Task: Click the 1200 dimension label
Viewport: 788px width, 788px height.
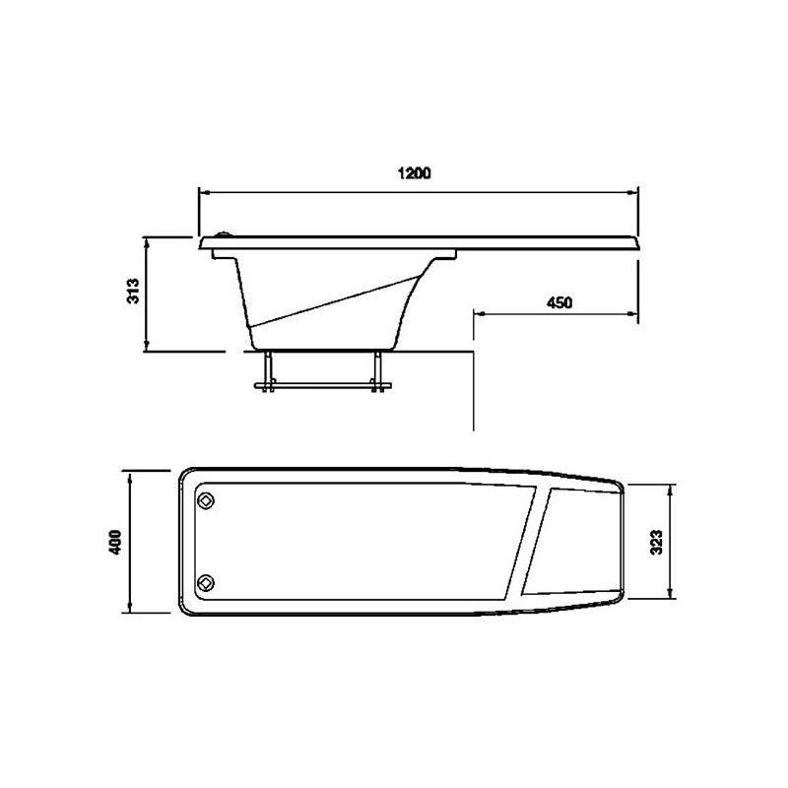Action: coord(415,174)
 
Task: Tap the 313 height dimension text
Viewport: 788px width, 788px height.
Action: coord(135,293)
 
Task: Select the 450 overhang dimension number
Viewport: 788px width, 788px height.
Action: coord(558,302)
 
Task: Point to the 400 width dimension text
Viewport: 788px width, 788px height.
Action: coord(115,541)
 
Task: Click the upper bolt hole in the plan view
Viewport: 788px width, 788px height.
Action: coord(206,500)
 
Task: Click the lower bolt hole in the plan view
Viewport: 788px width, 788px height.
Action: coord(206,581)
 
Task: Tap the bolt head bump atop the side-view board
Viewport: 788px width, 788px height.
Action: coord(225,234)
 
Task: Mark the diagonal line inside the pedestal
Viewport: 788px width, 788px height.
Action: coord(330,300)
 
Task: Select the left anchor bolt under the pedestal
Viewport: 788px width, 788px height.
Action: coord(265,371)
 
